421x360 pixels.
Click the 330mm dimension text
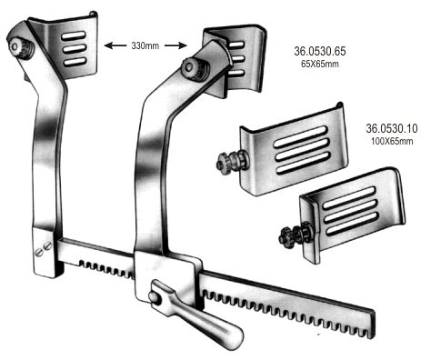(x=145, y=45)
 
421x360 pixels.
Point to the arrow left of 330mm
(x=115, y=45)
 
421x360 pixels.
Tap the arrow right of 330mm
(x=175, y=45)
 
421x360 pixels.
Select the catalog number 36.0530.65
(x=320, y=51)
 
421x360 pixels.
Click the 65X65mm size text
(x=320, y=64)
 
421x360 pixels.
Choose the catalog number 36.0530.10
(x=392, y=128)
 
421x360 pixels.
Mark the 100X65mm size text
(x=392, y=141)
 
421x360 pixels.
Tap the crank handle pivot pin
(x=154, y=296)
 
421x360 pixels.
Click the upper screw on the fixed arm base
(x=47, y=246)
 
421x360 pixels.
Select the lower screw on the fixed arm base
(x=38, y=252)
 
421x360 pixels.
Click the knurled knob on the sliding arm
(x=195, y=69)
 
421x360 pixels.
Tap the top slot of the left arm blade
(x=74, y=35)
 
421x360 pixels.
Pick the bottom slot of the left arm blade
(x=75, y=62)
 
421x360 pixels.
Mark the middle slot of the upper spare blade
(x=302, y=150)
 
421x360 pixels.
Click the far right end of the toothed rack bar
(x=372, y=325)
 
